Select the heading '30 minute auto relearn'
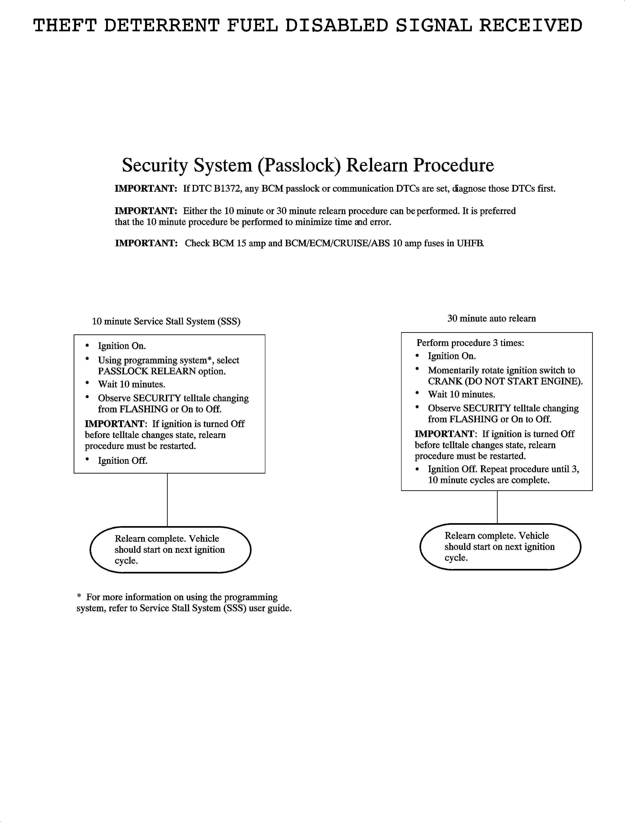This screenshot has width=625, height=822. pos(492,318)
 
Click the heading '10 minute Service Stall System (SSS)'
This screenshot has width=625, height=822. pos(166,321)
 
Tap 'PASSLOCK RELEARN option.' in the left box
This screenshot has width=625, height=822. pos(162,371)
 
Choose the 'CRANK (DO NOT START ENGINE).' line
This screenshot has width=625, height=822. pos(505,381)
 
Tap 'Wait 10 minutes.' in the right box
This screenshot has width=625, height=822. pos(461,394)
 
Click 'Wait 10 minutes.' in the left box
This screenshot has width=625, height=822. pos(131,384)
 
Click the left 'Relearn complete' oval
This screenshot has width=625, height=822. pos(170,549)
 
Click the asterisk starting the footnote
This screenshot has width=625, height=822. pos(79,596)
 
